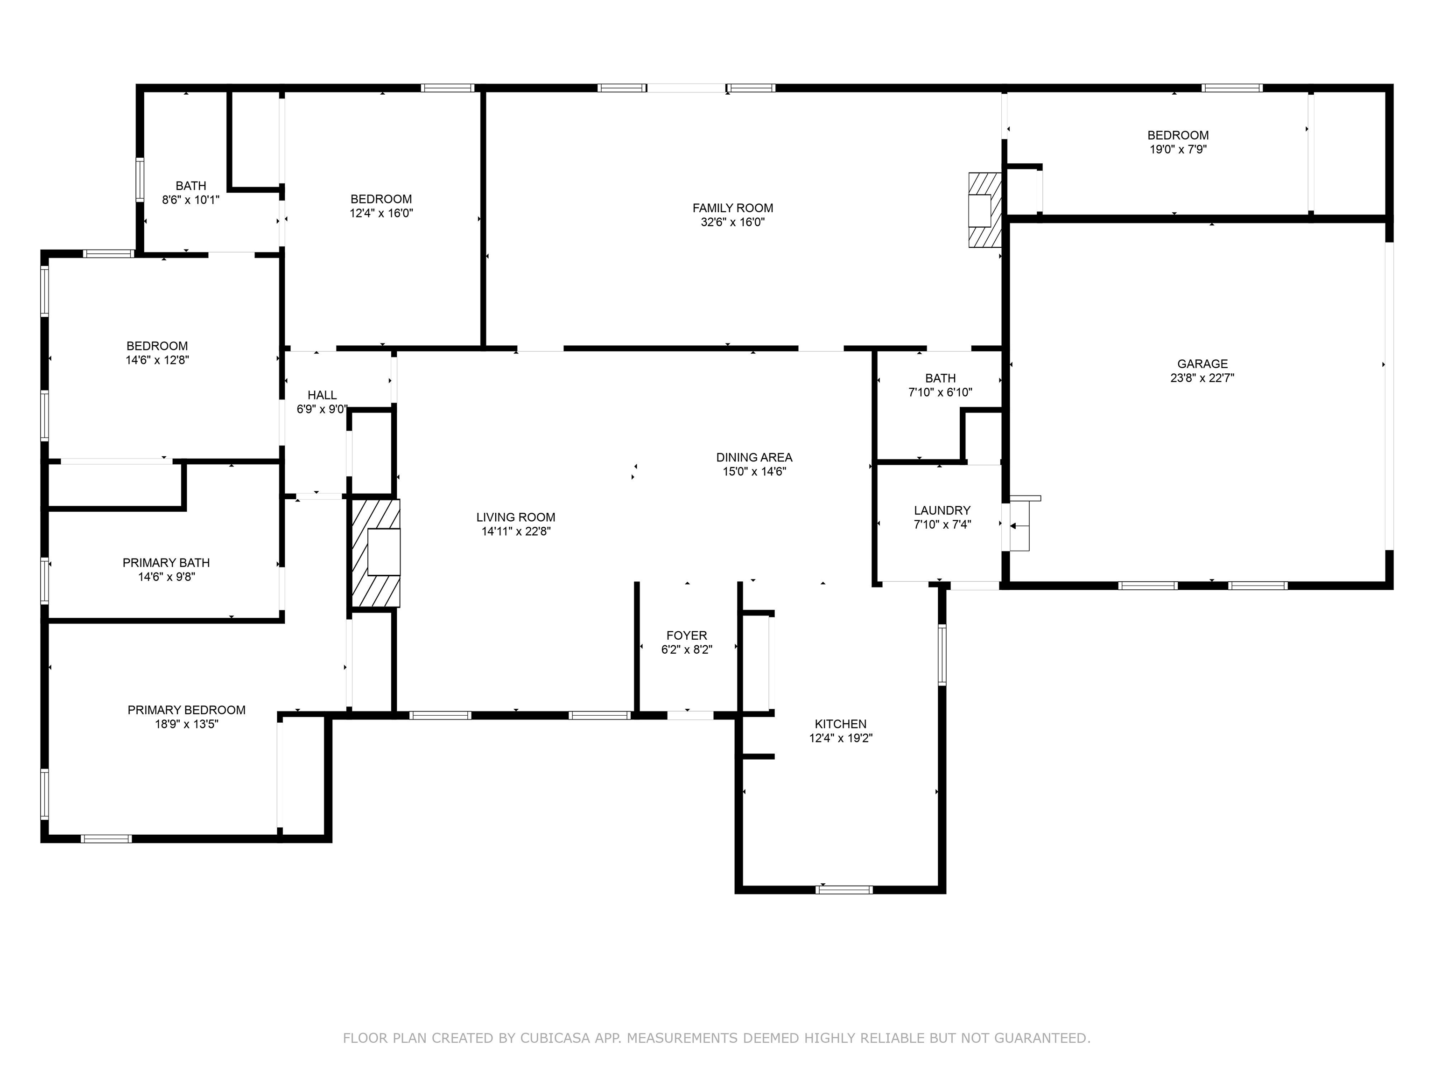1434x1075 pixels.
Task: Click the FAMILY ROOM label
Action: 732,208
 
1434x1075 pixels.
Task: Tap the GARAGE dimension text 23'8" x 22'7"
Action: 1202,378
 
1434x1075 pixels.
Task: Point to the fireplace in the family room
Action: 984,209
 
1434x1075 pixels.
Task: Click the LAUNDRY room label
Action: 942,510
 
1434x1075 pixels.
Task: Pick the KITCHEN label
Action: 840,724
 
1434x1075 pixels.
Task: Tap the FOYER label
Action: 687,635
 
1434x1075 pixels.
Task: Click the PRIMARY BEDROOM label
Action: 187,710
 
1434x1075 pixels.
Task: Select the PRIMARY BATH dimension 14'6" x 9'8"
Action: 167,577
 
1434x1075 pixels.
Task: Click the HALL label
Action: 322,395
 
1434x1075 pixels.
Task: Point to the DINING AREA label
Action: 754,457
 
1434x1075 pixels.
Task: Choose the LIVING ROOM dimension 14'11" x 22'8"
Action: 516,531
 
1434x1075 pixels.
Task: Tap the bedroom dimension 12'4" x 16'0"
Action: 381,213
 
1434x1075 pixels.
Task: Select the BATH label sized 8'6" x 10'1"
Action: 190,186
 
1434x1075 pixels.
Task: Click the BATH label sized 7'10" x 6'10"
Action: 940,378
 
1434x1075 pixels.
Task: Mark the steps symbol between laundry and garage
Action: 1020,525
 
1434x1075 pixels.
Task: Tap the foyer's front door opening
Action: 690,715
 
